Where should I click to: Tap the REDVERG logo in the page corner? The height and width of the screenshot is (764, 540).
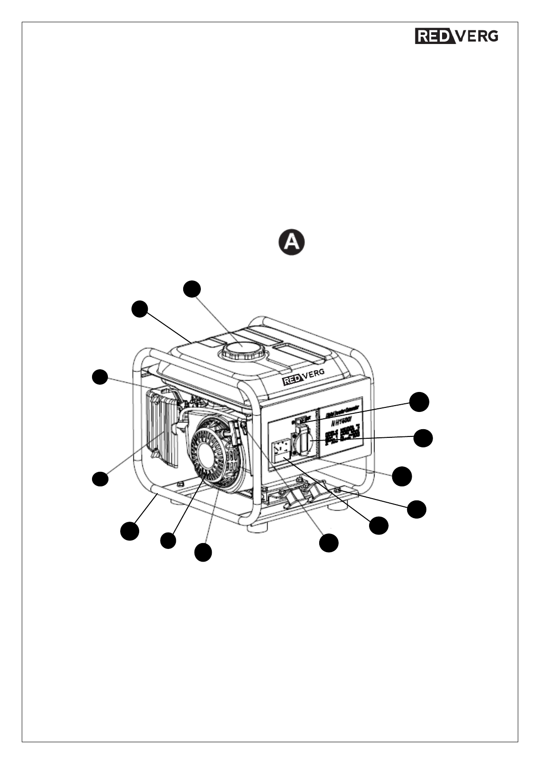(x=457, y=36)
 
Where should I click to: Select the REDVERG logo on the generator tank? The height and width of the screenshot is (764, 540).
(x=303, y=379)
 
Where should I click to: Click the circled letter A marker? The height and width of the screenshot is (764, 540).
(x=291, y=242)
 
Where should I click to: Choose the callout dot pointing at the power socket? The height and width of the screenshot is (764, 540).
(x=423, y=438)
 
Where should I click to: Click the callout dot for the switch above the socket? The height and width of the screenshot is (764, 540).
(x=419, y=402)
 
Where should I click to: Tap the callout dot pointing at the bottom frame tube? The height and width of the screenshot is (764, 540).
(x=129, y=531)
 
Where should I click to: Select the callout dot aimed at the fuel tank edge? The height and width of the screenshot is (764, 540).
(x=140, y=309)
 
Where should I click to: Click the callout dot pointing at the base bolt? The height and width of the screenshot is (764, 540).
(x=416, y=509)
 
